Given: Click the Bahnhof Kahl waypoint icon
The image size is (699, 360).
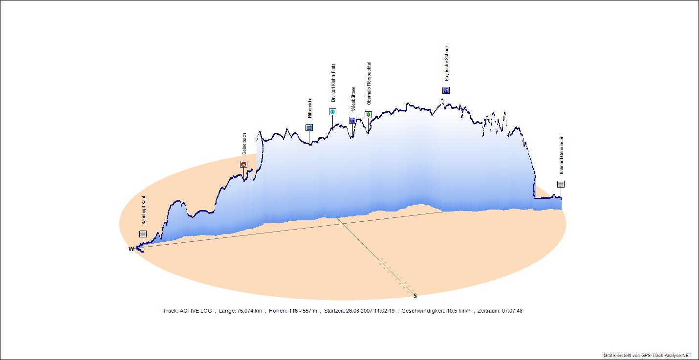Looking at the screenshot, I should click(x=143, y=234).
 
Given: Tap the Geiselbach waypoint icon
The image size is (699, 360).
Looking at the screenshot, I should click(x=243, y=164).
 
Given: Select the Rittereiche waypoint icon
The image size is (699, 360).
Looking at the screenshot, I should click(x=309, y=127).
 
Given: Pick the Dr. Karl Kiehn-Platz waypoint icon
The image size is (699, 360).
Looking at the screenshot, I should click(x=332, y=112).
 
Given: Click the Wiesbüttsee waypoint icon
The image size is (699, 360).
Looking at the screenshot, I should click(x=352, y=120).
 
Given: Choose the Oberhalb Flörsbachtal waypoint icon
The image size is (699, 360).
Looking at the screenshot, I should click(x=368, y=115).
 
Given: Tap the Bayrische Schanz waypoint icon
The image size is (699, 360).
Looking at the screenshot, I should click(x=446, y=90).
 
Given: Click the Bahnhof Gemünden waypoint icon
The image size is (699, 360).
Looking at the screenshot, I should click(x=561, y=184).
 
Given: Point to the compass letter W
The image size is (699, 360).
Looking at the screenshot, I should click(x=131, y=249).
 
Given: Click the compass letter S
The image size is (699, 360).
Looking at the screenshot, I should click(x=415, y=296).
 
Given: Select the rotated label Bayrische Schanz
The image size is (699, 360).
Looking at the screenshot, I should click(x=446, y=64).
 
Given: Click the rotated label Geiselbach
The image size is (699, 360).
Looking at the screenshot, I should click(x=244, y=144).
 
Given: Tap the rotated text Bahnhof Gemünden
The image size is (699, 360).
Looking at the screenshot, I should click(x=562, y=155).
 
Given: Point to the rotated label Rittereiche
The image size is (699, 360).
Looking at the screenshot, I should click(x=309, y=108).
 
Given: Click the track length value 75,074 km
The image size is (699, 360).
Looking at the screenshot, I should click(x=249, y=311).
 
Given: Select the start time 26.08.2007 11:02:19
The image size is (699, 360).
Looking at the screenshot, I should click(x=370, y=311).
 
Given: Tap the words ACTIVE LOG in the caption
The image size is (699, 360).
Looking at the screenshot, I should click(x=196, y=311).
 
